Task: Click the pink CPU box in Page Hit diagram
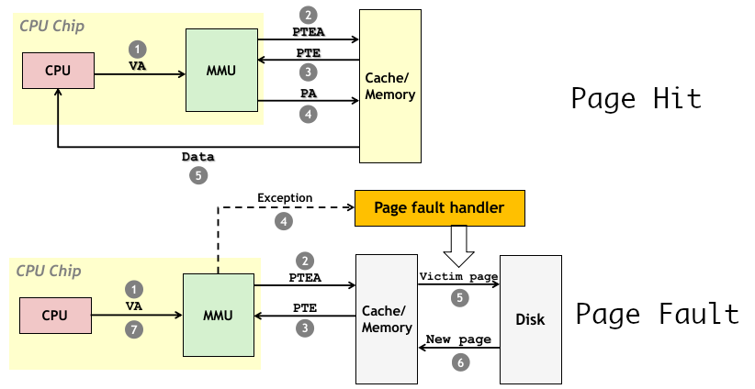click(59, 71)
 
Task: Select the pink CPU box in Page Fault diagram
click(56, 316)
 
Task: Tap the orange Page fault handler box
click(439, 208)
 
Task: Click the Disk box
click(530, 319)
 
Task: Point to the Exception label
click(285, 198)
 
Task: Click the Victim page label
click(458, 276)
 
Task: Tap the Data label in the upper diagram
click(198, 157)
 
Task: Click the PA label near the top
click(309, 94)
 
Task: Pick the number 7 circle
click(136, 328)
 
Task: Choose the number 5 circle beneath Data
click(198, 176)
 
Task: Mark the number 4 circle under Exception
click(285, 220)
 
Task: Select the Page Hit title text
click(636, 98)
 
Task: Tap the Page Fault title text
click(657, 315)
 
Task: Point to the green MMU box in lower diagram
click(218, 316)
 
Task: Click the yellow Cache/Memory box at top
click(390, 87)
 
